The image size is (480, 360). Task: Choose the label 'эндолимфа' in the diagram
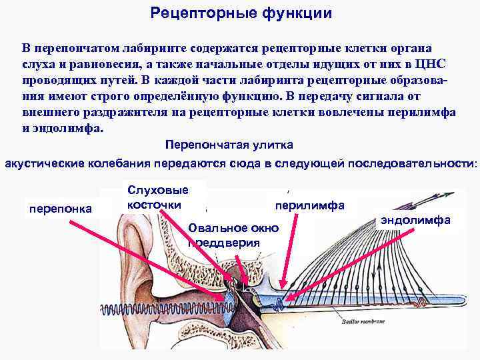coord(417,220)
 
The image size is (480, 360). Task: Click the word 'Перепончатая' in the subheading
coord(205,145)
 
